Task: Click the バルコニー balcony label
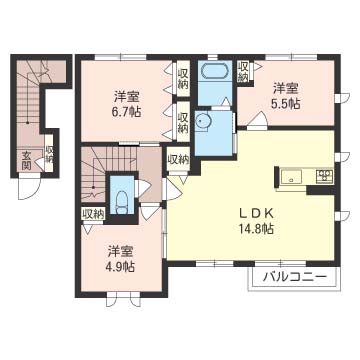click(x=294, y=276)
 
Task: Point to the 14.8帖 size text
click(x=256, y=228)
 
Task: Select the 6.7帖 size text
click(x=126, y=112)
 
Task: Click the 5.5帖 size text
click(x=285, y=104)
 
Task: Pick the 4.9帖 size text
click(x=120, y=266)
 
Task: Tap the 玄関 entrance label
click(x=26, y=161)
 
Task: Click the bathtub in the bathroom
click(x=214, y=72)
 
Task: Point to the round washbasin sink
click(x=203, y=121)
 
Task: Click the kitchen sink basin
click(x=292, y=177)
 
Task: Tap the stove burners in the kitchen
click(x=325, y=176)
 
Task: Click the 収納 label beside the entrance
click(x=49, y=154)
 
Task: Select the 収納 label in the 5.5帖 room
click(x=243, y=71)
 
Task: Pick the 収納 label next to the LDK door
click(x=178, y=159)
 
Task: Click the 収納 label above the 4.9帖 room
click(x=94, y=213)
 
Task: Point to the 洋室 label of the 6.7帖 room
click(x=127, y=97)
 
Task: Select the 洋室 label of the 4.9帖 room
click(x=120, y=250)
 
